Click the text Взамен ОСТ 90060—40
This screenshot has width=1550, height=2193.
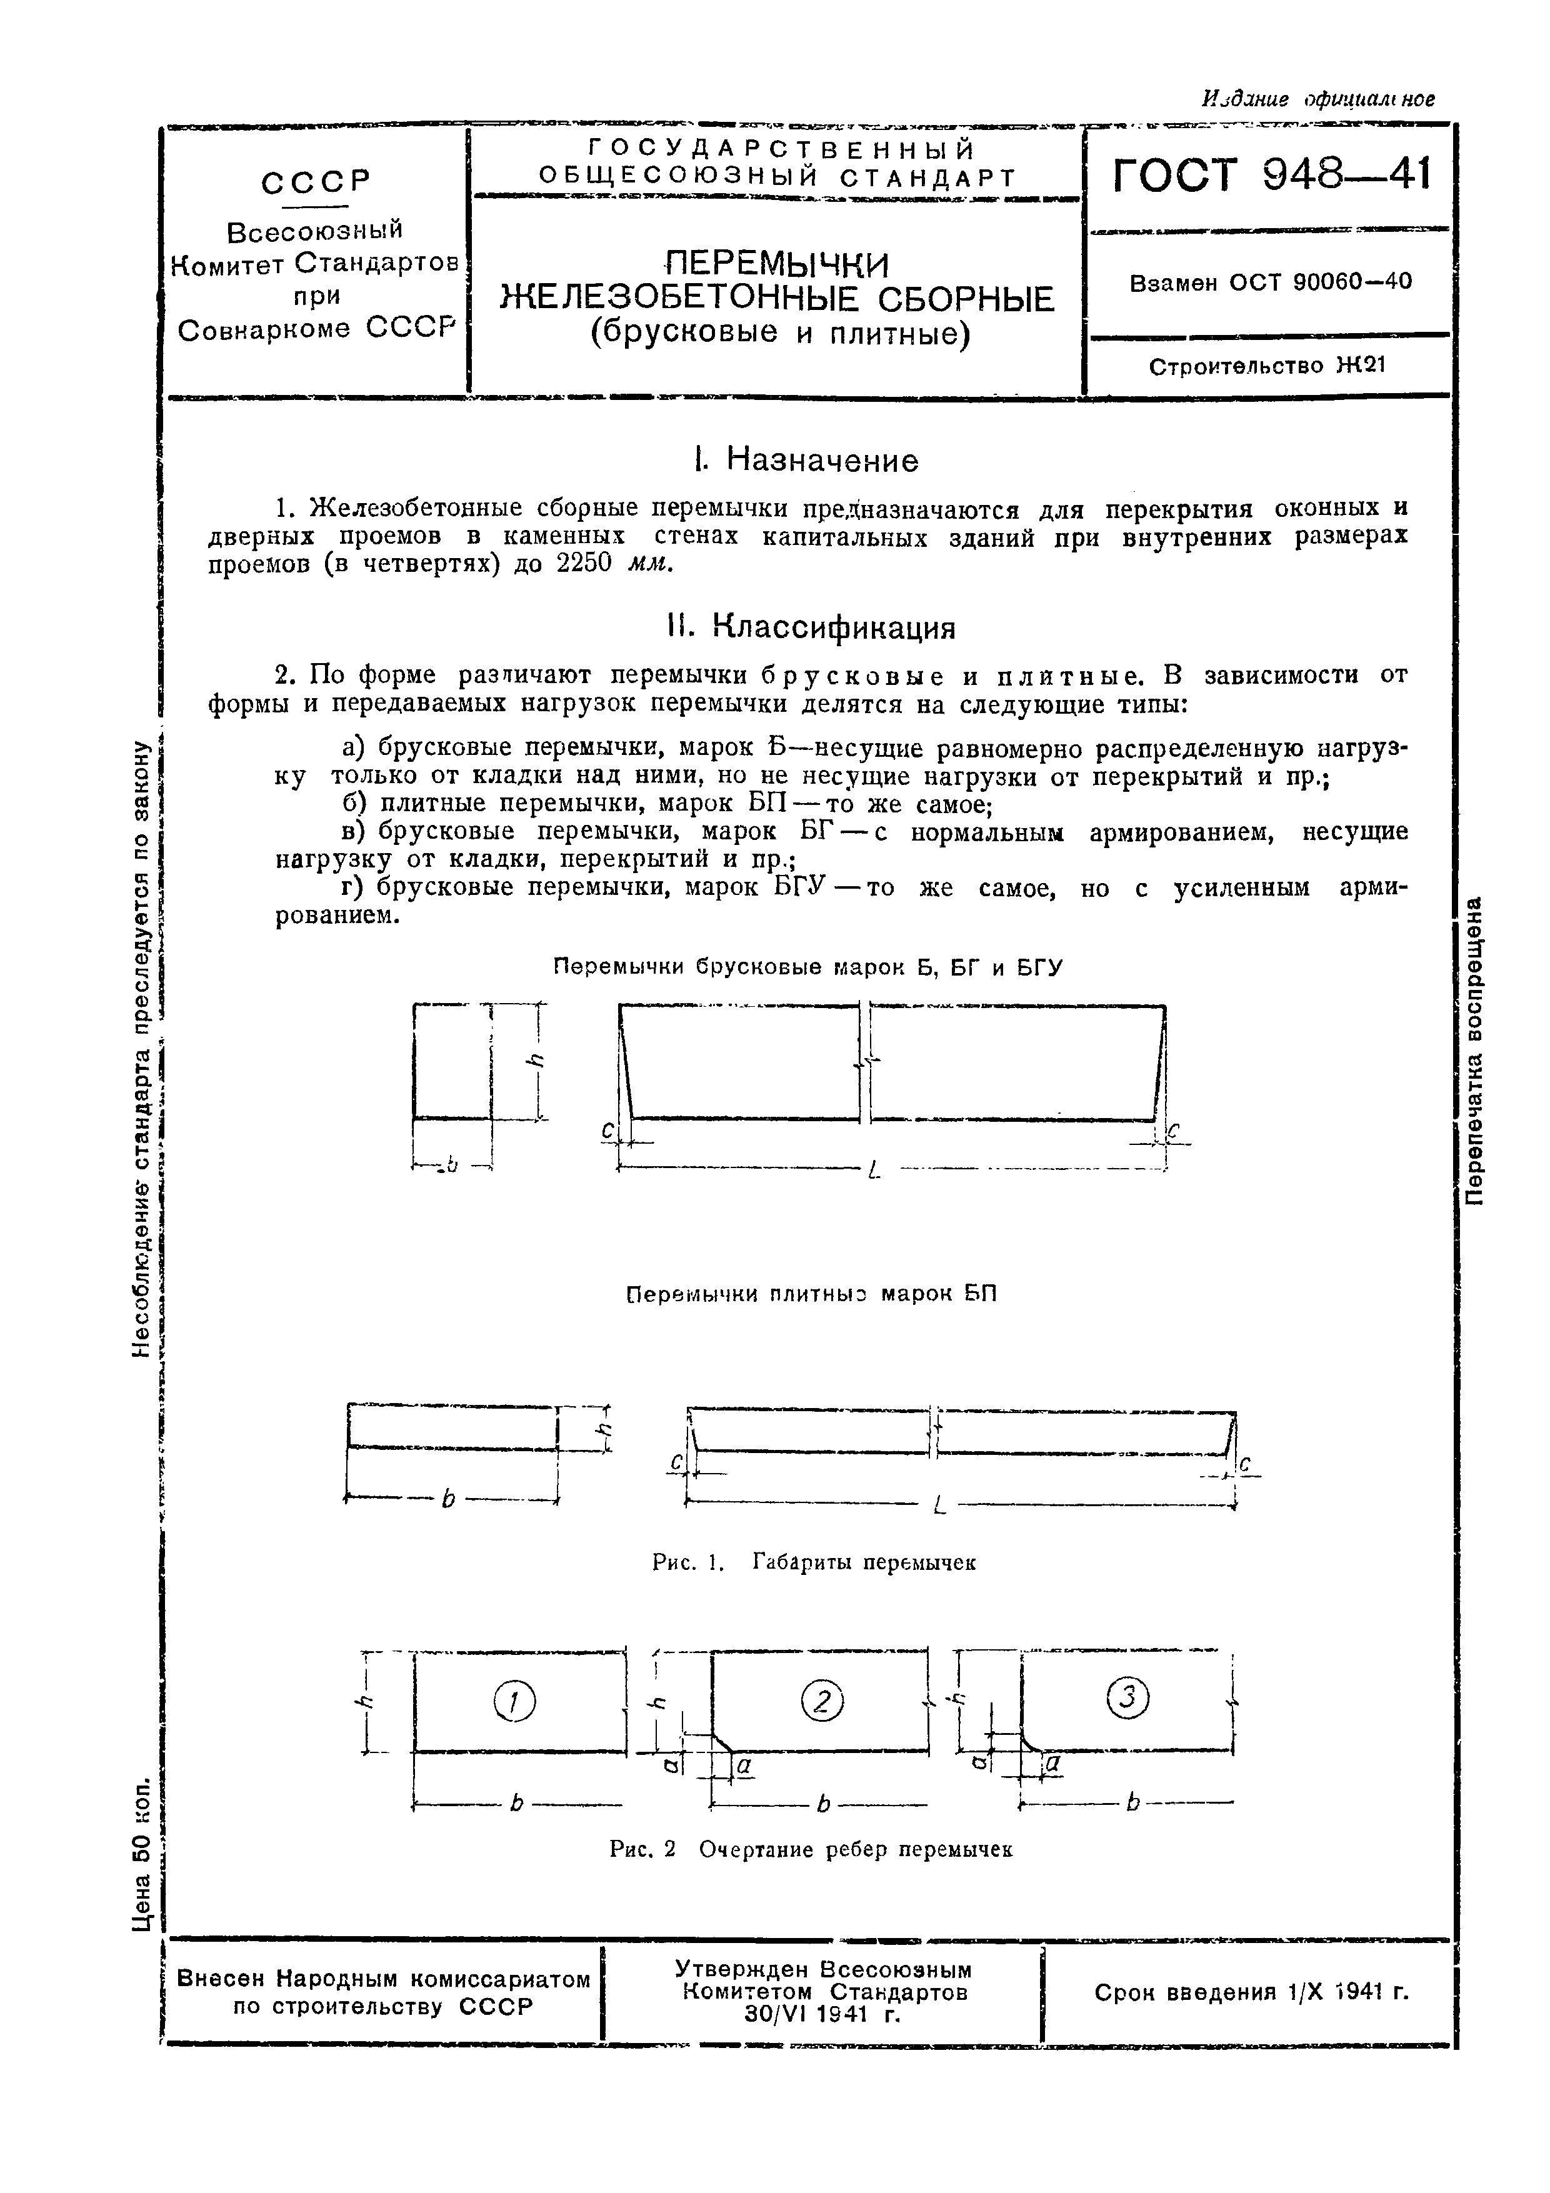[1270, 282]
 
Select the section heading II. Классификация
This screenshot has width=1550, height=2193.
[811, 627]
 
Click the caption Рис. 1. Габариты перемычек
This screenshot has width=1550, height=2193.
[814, 1562]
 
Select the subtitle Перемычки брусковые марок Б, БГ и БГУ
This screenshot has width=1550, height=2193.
[808, 967]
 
